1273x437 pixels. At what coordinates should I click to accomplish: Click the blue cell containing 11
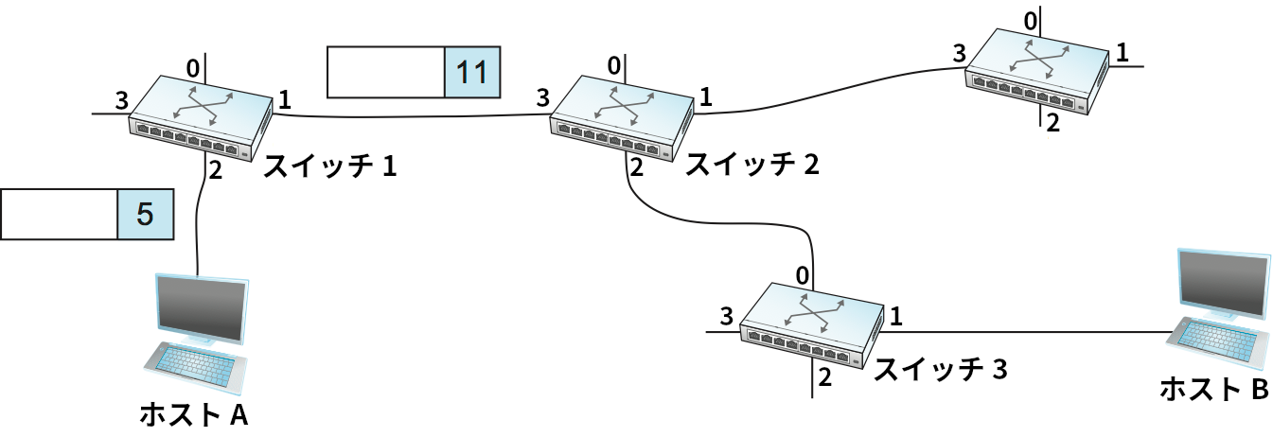tap(471, 74)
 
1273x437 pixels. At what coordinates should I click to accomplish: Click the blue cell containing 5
tap(145, 214)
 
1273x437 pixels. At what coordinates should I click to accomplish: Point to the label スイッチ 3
tap(939, 370)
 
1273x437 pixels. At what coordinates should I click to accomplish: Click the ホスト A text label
tap(193, 413)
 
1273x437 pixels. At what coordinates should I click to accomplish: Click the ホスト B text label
tap(1213, 387)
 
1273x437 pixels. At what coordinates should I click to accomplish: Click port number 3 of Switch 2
tap(542, 97)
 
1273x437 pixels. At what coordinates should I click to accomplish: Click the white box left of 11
tap(385, 74)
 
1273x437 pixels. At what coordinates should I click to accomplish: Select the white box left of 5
tap(59, 214)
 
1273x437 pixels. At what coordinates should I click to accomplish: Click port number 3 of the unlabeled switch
tap(959, 52)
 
